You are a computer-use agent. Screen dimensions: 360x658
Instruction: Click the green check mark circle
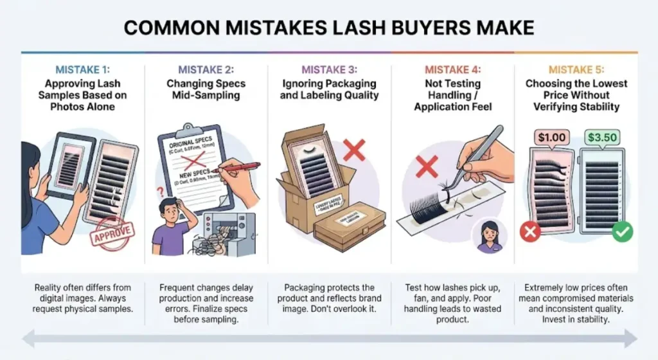622,232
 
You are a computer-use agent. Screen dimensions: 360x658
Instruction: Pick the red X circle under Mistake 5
531,232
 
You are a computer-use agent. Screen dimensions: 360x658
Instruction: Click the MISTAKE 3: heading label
329,70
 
